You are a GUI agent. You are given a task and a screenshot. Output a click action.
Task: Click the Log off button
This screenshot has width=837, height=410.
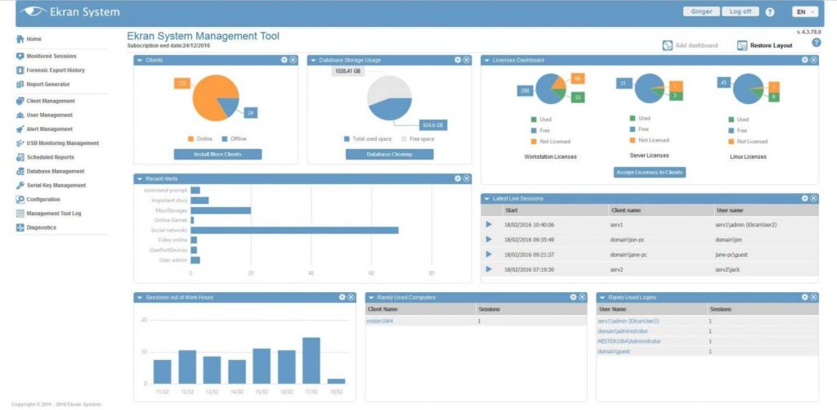click(741, 11)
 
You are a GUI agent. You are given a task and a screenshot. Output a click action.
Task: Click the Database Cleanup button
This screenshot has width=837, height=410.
click(389, 154)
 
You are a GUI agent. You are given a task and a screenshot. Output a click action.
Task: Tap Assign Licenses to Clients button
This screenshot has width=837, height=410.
click(650, 172)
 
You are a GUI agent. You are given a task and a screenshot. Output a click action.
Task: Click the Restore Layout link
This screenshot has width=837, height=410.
click(771, 46)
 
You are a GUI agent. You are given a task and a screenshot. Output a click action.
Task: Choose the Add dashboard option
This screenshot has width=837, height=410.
click(696, 46)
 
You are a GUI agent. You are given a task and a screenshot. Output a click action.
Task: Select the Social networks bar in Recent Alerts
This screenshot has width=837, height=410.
click(294, 230)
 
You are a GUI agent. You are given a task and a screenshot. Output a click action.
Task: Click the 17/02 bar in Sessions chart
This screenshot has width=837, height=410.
click(311, 360)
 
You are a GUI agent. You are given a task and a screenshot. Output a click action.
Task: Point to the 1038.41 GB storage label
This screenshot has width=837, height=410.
click(347, 71)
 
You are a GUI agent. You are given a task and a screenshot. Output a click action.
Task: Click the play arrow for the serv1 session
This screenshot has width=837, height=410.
click(489, 224)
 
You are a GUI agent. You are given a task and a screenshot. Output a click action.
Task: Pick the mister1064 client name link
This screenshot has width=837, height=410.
click(381, 322)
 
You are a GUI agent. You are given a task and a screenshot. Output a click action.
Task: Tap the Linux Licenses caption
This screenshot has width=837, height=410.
click(747, 155)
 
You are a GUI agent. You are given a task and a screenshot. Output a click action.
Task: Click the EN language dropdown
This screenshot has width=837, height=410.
click(804, 11)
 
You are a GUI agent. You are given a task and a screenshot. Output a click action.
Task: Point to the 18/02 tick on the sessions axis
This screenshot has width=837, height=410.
click(336, 392)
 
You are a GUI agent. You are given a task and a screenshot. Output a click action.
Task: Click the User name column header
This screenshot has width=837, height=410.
click(729, 210)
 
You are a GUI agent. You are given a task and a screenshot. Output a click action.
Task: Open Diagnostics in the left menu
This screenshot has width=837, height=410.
click(41, 228)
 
